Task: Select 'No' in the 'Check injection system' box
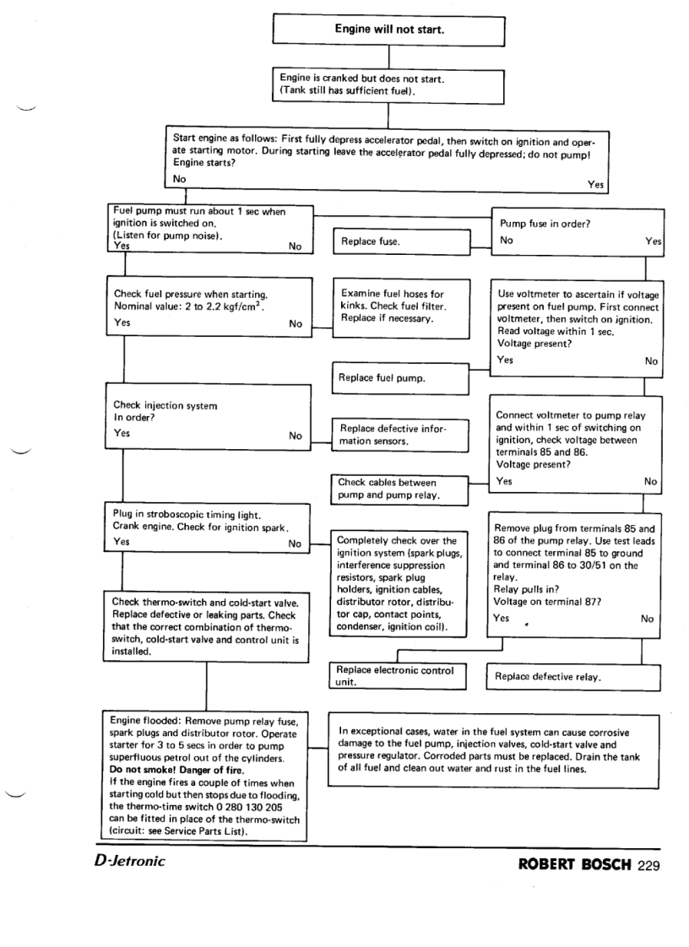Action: point(296,436)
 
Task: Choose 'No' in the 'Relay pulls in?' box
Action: point(648,618)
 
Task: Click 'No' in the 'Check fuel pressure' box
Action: point(296,324)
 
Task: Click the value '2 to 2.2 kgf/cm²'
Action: point(220,307)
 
